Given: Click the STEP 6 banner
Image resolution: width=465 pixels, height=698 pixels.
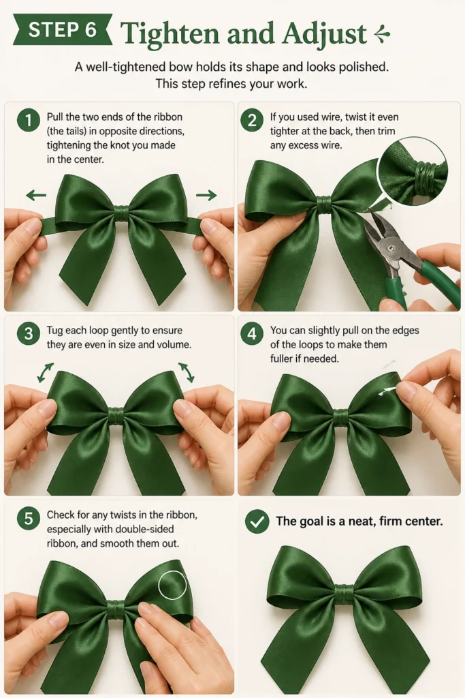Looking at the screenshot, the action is pyautogui.click(x=62, y=29).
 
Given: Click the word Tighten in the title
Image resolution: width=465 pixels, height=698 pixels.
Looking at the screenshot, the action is pyautogui.click(x=170, y=34).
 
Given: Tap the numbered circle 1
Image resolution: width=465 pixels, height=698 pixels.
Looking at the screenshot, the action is pyautogui.click(x=29, y=120).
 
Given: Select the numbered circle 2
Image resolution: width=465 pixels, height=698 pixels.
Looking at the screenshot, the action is pyautogui.click(x=252, y=120).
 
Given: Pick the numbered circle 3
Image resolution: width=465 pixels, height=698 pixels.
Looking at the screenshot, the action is pyautogui.click(x=29, y=333).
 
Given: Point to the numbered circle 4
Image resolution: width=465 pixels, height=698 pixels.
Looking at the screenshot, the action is pyautogui.click(x=252, y=333).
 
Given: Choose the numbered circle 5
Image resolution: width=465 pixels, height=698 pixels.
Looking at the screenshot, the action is pyautogui.click(x=29, y=518).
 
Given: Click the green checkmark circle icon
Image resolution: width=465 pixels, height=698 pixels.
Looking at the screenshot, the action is pyautogui.click(x=257, y=521).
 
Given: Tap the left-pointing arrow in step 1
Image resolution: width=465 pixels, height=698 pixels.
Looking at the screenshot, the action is pyautogui.click(x=36, y=194).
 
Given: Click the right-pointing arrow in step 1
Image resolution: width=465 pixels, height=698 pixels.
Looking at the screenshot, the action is pyautogui.click(x=206, y=194).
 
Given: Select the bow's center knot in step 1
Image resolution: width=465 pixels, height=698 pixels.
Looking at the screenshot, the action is pyautogui.click(x=121, y=213).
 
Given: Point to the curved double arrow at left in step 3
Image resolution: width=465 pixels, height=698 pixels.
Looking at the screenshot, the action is pyautogui.click(x=45, y=373).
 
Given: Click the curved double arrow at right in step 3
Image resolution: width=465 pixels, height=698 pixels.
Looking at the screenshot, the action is pyautogui.click(x=187, y=372).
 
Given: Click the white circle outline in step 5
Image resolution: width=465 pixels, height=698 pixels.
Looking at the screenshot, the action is pyautogui.click(x=172, y=584).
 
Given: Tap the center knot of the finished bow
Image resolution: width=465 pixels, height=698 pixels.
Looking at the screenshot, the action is pyautogui.click(x=344, y=593).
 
